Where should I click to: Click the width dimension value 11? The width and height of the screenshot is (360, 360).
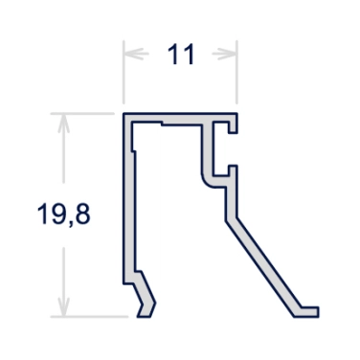coord(181,55)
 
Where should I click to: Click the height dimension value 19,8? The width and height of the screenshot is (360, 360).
coord(64,214)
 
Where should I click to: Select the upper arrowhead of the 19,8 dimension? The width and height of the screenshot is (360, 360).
coord(64,124)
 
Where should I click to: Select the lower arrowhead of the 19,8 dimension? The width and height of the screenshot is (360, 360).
coord(64,307)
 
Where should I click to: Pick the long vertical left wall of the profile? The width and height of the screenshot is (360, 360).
coord(128,198)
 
